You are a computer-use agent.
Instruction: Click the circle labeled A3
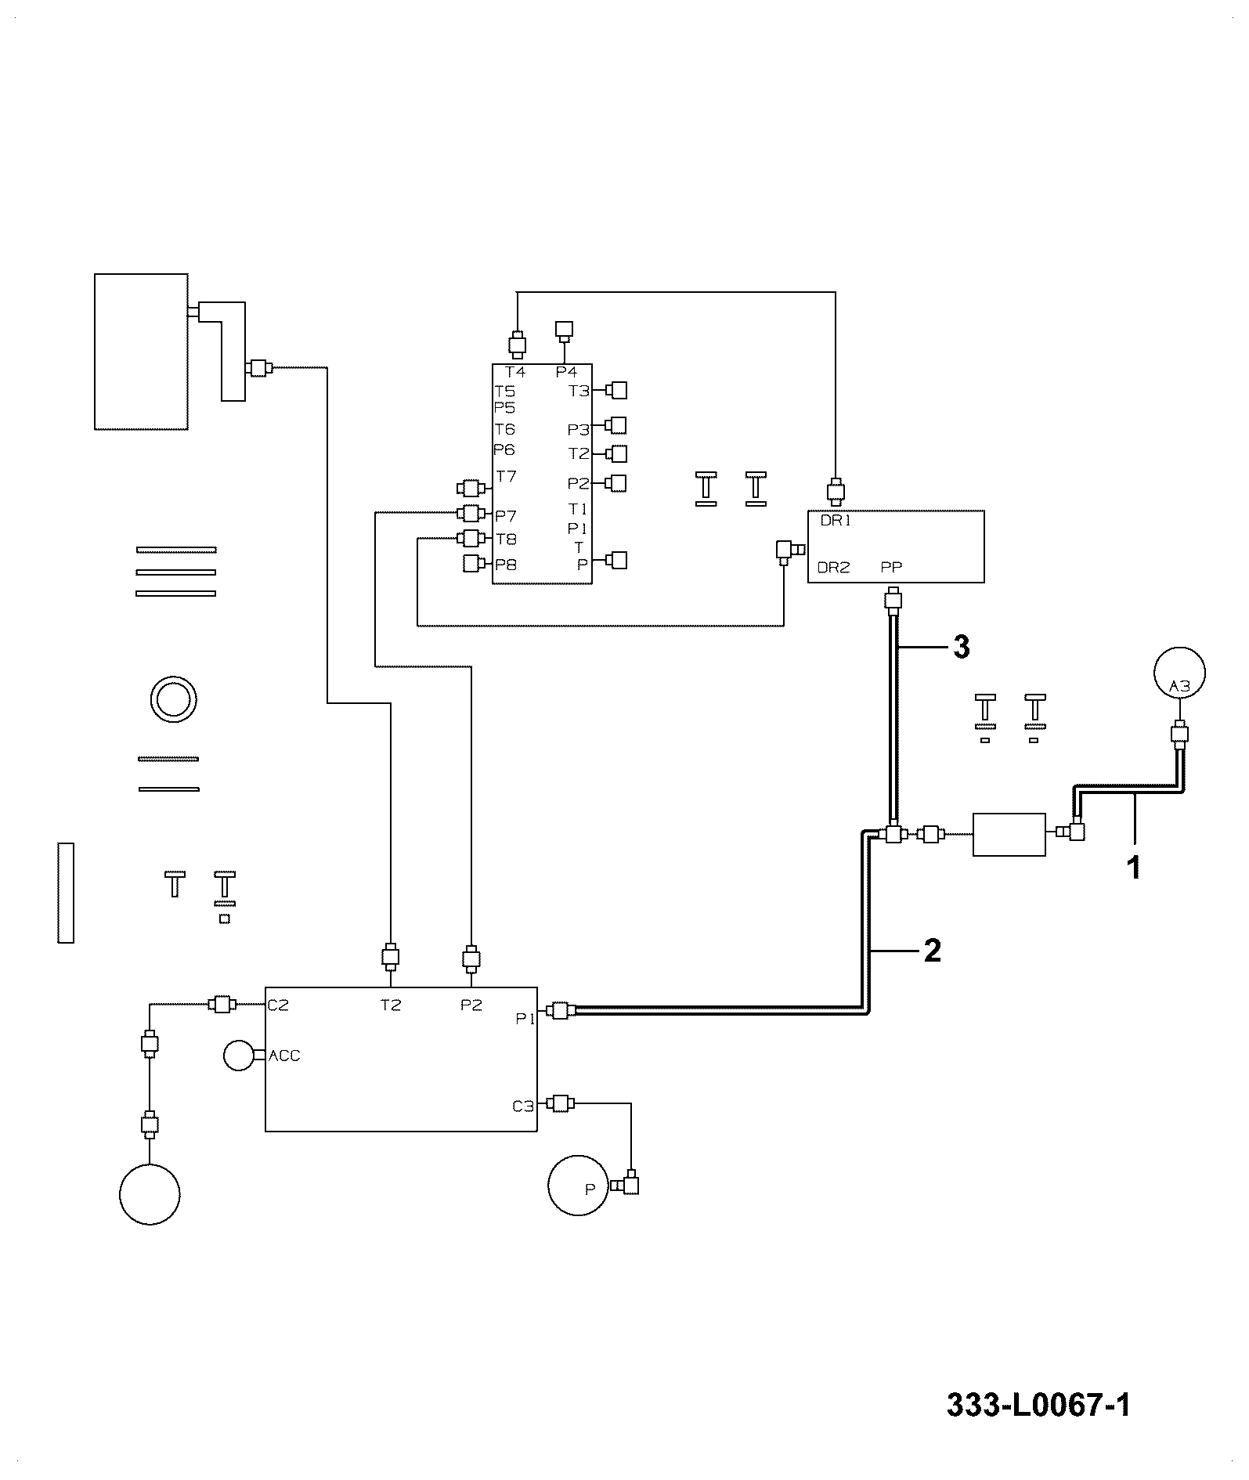(x=1179, y=673)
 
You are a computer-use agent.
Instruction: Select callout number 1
(x=1133, y=868)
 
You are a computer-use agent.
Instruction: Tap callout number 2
(x=932, y=951)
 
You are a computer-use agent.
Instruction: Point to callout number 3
(x=961, y=647)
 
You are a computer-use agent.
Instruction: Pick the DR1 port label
(x=835, y=521)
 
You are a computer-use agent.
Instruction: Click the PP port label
(x=891, y=567)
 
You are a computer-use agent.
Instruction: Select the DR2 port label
(x=833, y=568)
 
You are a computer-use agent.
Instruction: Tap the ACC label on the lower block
(x=284, y=1056)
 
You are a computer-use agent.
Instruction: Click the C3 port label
(x=523, y=1106)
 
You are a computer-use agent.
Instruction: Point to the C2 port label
(x=278, y=1005)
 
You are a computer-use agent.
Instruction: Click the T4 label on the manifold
(x=515, y=372)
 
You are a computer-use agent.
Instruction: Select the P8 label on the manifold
(x=506, y=564)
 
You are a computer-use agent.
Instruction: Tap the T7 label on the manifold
(x=507, y=476)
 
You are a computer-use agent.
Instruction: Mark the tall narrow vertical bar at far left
(x=66, y=893)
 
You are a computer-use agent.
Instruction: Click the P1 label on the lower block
(x=525, y=1018)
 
